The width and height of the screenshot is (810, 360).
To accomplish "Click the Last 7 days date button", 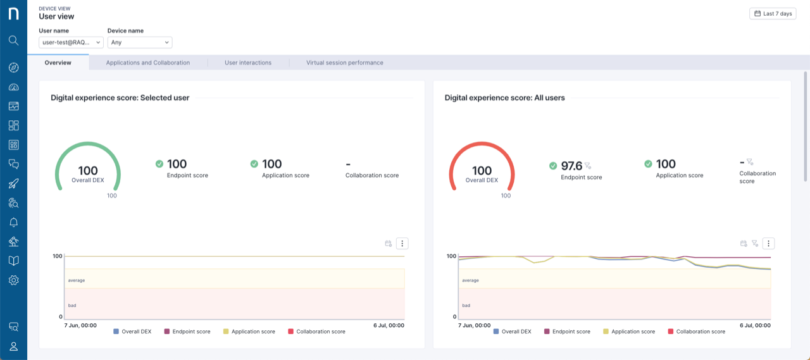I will [x=773, y=13].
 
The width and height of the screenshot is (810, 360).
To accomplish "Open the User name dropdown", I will [x=71, y=42].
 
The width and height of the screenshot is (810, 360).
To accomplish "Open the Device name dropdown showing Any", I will [x=140, y=42].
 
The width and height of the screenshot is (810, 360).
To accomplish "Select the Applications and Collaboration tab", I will [x=148, y=63].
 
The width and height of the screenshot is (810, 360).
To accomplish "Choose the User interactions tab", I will [x=248, y=63].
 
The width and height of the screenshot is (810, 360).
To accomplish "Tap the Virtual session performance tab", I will [x=345, y=63].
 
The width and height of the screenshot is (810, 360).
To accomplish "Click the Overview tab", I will [x=58, y=63].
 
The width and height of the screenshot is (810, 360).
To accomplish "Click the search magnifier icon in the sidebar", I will [x=13, y=40].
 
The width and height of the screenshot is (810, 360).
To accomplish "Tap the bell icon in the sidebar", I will [x=13, y=222].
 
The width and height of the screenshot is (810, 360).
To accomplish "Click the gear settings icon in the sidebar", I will [x=13, y=280].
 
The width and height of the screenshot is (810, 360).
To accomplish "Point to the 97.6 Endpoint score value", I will [x=571, y=165].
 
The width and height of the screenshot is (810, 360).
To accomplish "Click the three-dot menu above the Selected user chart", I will [x=402, y=244].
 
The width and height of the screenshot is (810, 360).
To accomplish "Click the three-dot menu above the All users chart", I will [x=768, y=244].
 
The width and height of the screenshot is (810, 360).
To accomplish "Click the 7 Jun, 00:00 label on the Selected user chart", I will [x=80, y=325].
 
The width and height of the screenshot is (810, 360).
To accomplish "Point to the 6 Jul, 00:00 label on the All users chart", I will [x=754, y=325].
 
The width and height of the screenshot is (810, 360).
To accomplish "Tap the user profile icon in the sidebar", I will [x=13, y=346].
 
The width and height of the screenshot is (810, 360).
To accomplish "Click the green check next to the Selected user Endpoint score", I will [x=159, y=164].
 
